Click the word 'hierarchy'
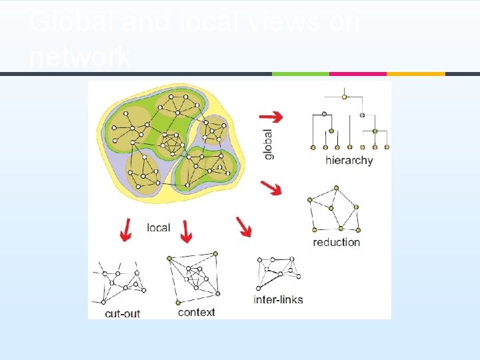pos(349,160)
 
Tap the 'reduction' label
pos(336,242)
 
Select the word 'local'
pos(158,227)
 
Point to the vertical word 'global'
pos(269,143)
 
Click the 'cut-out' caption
pos(122,313)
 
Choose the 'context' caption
pos(196,311)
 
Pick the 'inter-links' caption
pos(278,299)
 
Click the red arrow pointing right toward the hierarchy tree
pos(275,116)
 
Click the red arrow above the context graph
pos(186,231)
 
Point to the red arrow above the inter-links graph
pos(245,227)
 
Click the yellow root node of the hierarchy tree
pos(344,97)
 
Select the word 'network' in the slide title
pos(79,57)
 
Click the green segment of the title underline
pos(301,74)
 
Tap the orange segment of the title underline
pos(415,74)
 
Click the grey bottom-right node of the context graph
pos(218,293)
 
